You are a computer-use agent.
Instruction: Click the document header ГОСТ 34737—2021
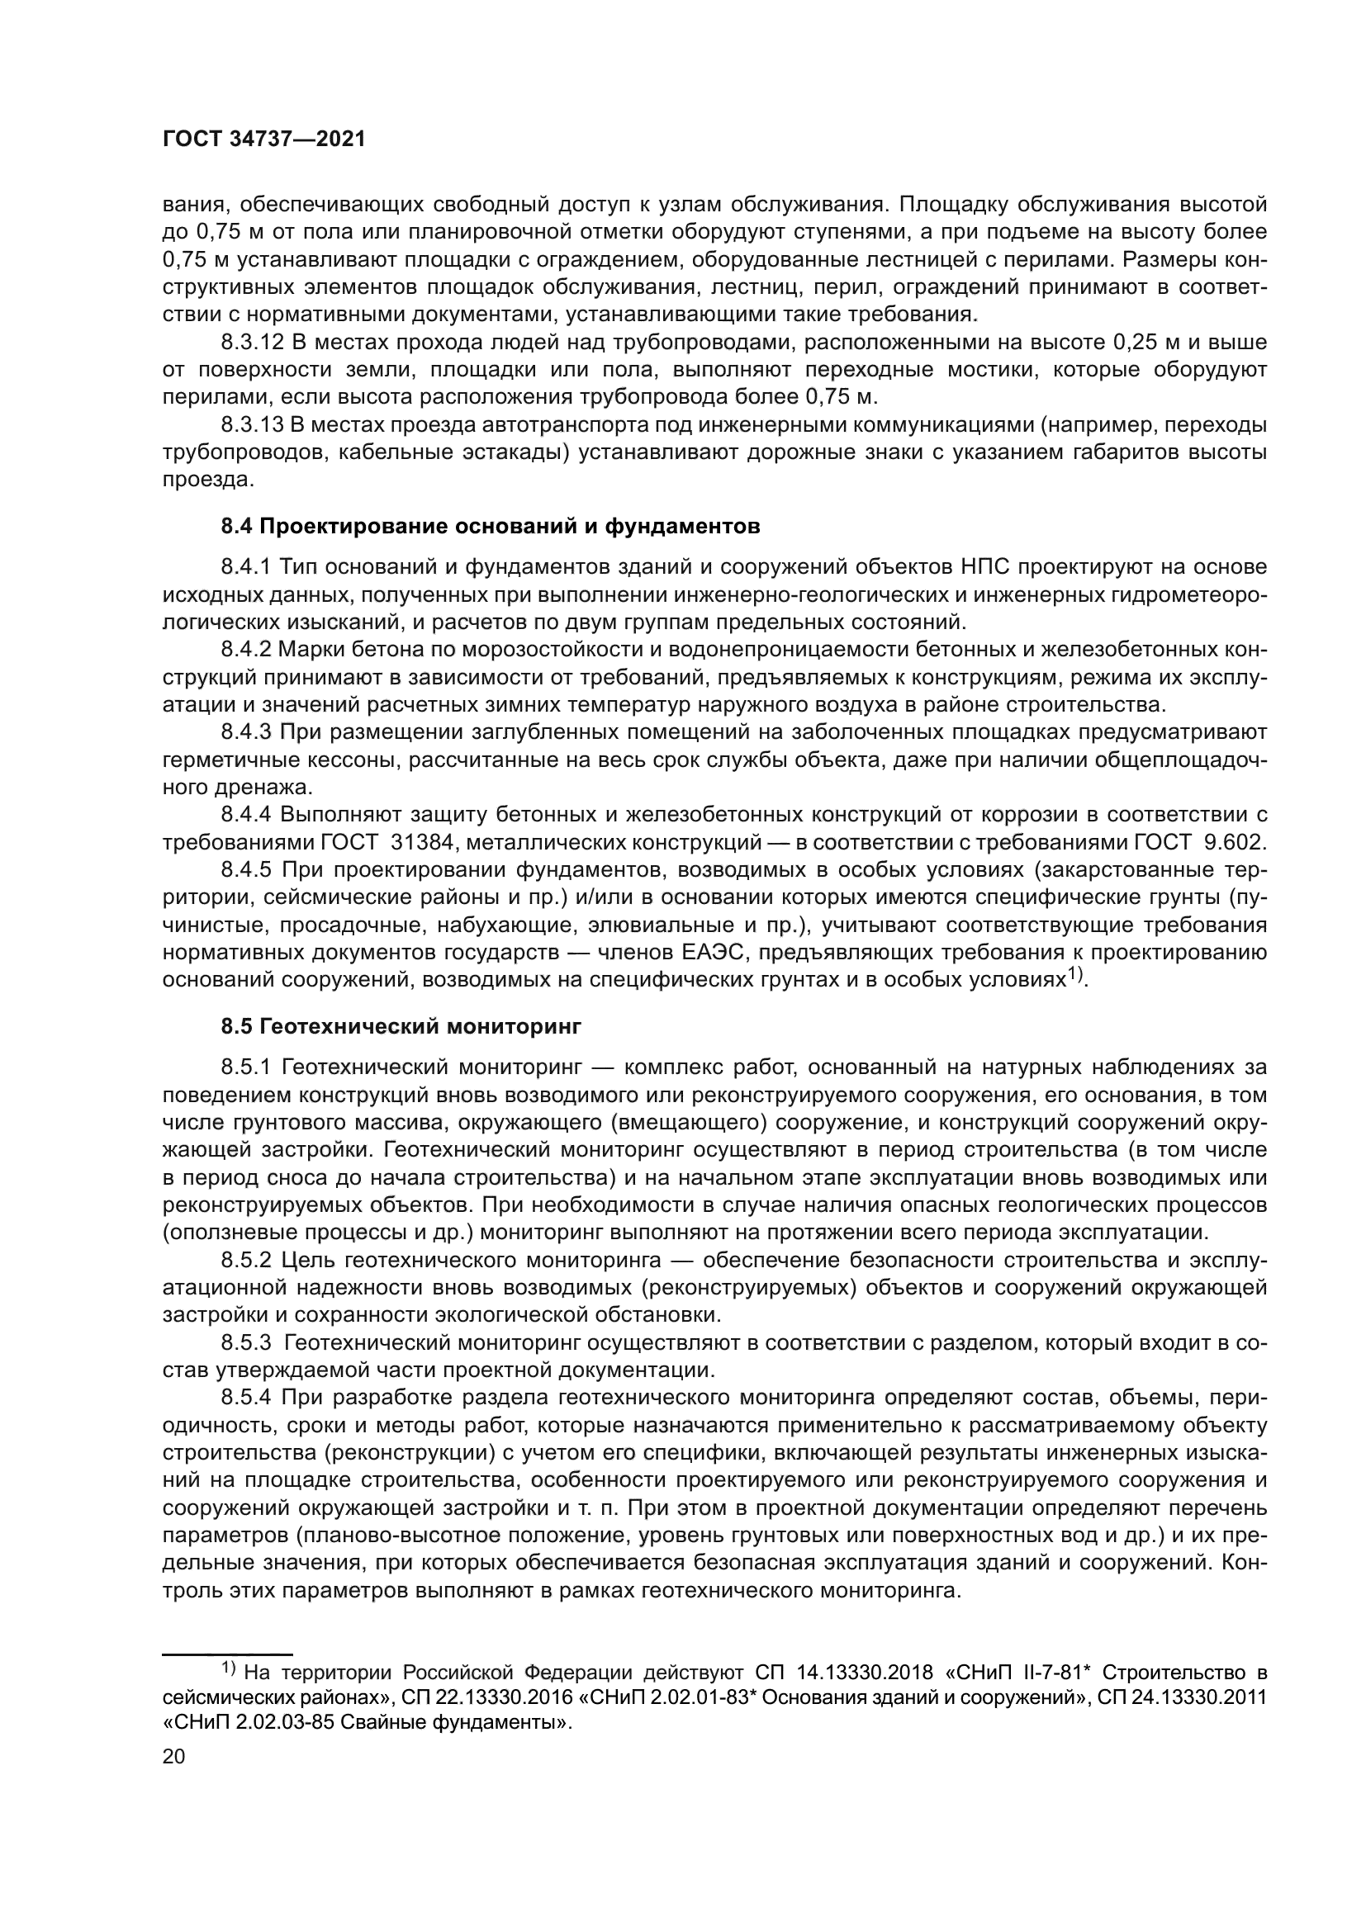click(264, 140)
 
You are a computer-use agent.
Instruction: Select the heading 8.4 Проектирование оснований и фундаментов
click(491, 528)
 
